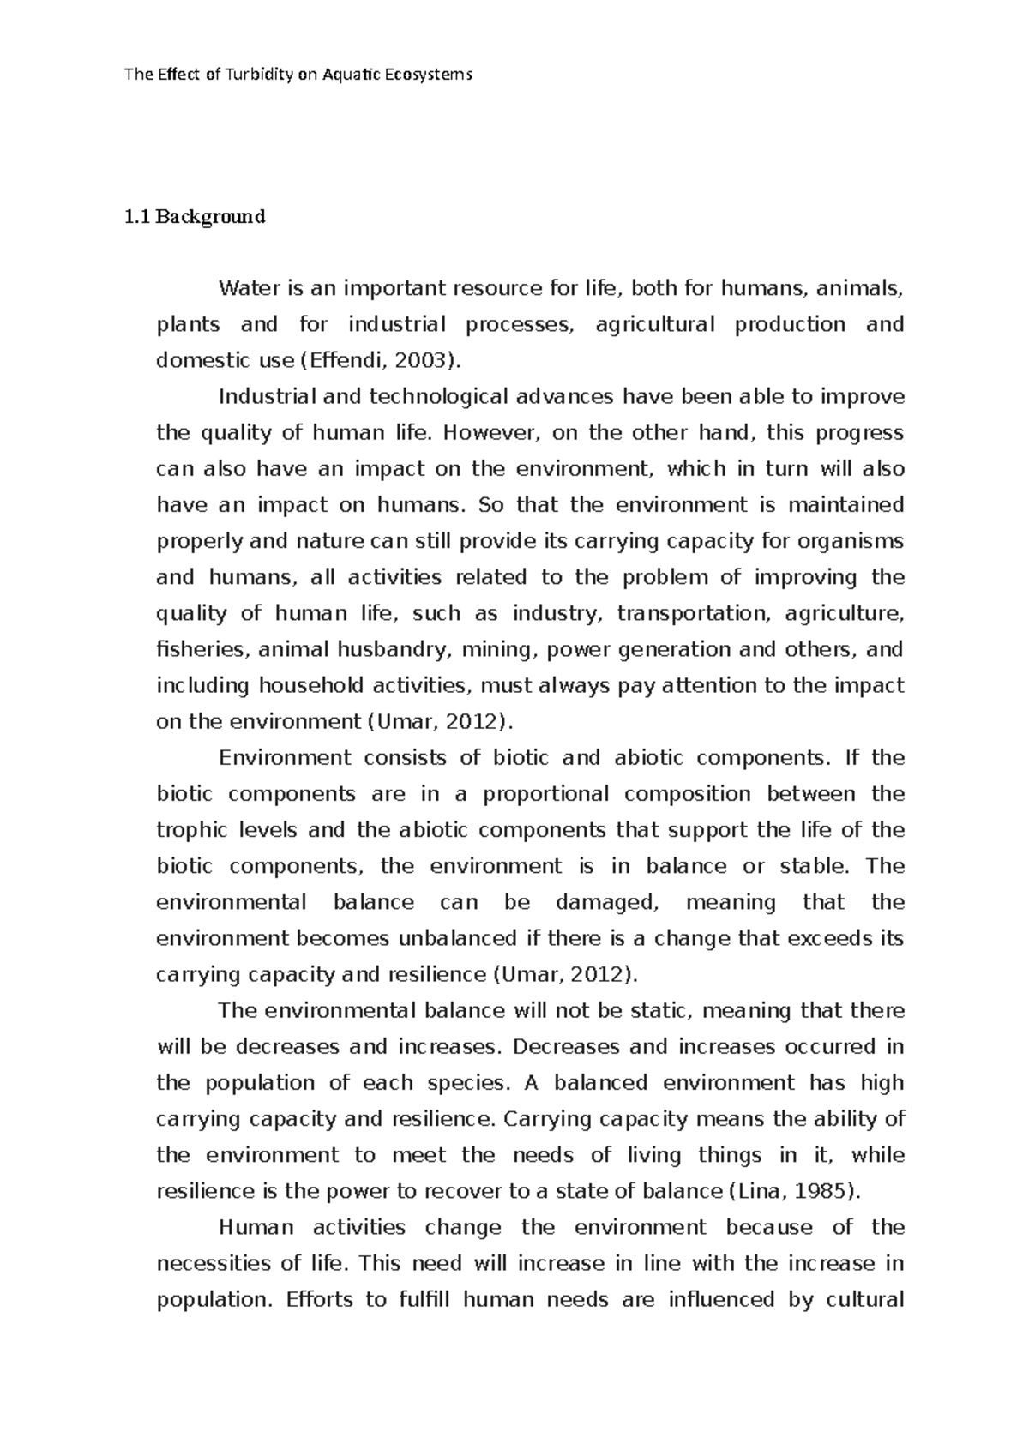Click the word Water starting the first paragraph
[x=244, y=288]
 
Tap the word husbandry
[x=391, y=649]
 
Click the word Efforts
[x=318, y=1299]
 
